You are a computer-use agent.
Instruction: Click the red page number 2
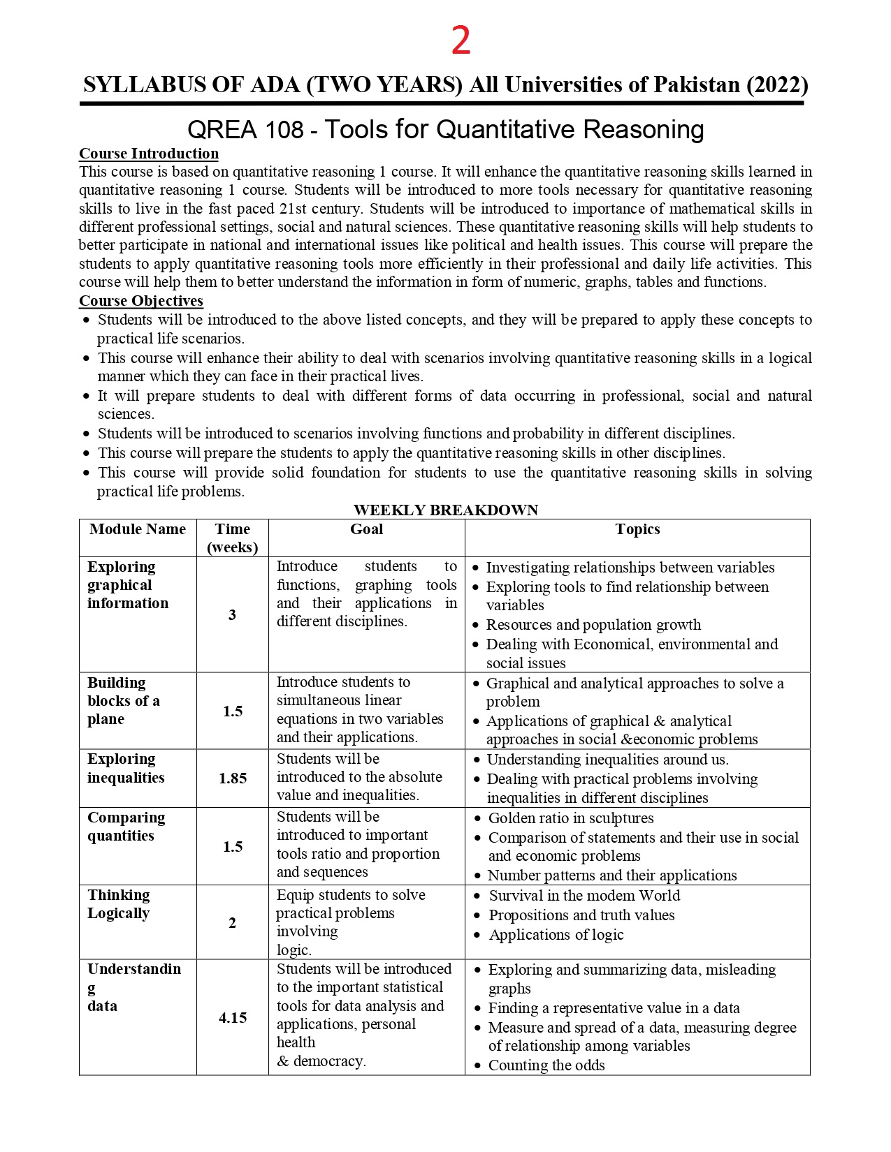(x=461, y=40)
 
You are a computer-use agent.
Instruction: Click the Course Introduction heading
(x=148, y=154)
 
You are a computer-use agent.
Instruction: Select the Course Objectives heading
(x=140, y=301)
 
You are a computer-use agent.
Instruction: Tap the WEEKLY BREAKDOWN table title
(x=446, y=510)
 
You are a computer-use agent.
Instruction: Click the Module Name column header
(x=138, y=529)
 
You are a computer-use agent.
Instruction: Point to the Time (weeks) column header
(x=233, y=538)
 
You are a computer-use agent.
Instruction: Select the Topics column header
(x=637, y=529)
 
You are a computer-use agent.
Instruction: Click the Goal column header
(x=366, y=529)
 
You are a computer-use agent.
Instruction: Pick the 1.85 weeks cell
(x=233, y=778)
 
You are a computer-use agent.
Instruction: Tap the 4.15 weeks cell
(x=233, y=1018)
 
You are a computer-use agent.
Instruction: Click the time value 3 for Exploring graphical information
(x=232, y=615)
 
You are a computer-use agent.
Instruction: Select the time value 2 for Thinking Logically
(x=232, y=923)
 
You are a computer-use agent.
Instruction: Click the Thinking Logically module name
(x=119, y=904)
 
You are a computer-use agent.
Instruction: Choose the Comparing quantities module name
(x=126, y=827)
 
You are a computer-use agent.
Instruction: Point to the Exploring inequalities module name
(x=126, y=768)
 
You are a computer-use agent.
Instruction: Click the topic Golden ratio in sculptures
(x=570, y=818)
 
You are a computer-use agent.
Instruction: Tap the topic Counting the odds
(x=546, y=1065)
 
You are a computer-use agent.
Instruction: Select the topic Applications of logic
(x=556, y=935)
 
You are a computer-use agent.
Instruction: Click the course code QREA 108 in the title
(x=245, y=130)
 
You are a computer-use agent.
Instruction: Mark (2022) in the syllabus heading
(x=777, y=85)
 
